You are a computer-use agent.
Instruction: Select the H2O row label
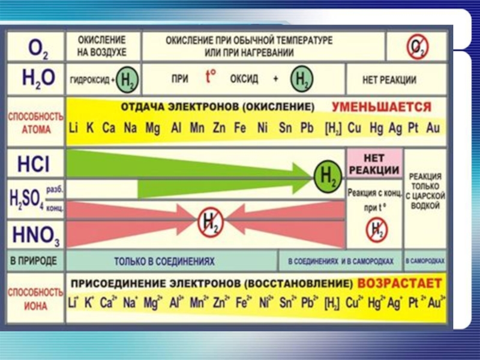point(38,79)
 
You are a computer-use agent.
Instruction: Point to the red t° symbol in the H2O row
point(211,77)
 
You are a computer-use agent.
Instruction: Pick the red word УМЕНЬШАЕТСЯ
point(382,108)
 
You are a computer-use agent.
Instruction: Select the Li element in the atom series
point(74,128)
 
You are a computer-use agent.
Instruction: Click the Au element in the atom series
point(433,128)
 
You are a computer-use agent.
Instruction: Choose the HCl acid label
point(35,164)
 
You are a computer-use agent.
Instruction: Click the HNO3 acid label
point(35,232)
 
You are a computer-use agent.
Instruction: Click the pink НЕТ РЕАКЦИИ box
point(373,164)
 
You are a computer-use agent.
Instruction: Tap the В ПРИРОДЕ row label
point(34,261)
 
